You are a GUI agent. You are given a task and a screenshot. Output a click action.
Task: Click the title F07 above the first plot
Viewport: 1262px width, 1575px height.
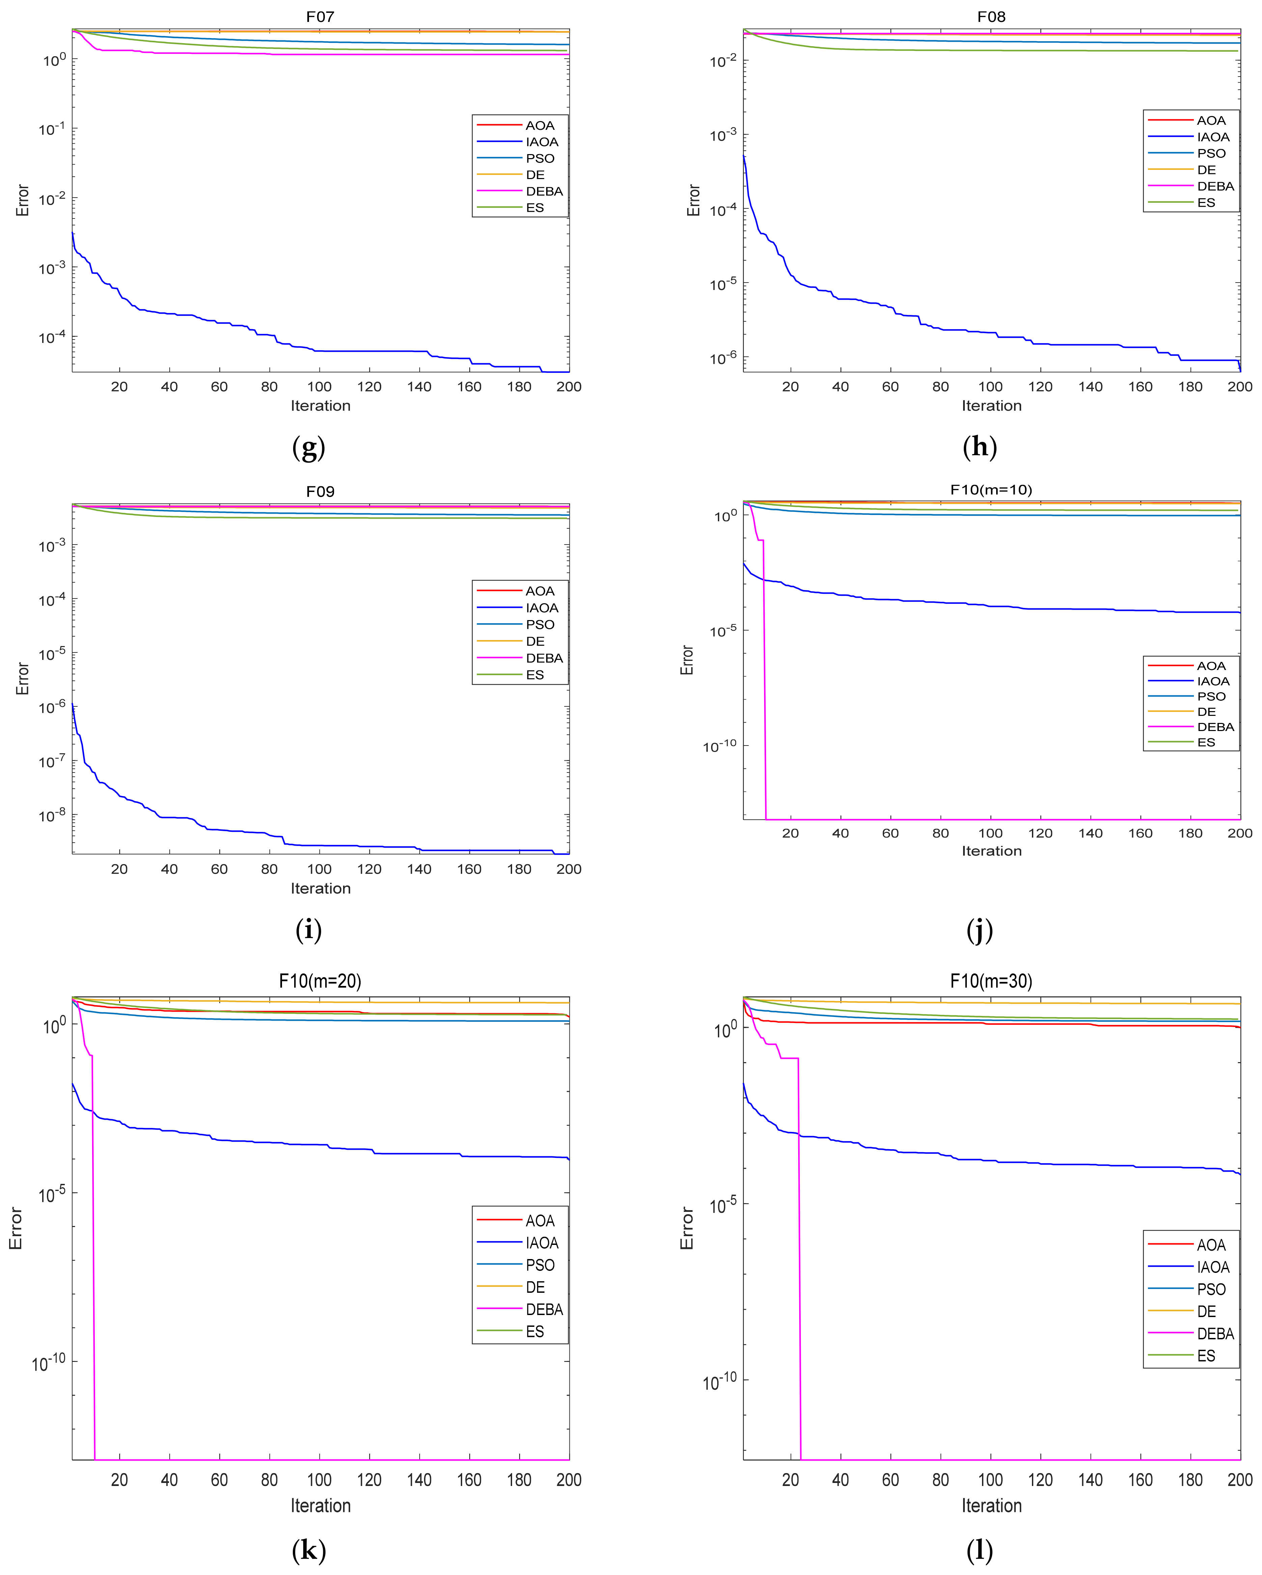click(320, 16)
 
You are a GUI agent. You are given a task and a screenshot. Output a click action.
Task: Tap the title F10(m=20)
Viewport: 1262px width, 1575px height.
click(320, 980)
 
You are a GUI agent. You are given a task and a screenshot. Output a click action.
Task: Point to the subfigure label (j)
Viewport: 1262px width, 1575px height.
click(979, 930)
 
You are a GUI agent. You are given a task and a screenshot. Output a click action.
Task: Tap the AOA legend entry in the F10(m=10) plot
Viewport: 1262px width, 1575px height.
click(1211, 666)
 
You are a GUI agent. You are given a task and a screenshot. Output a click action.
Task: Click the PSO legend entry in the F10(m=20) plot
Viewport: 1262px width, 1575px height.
click(540, 1265)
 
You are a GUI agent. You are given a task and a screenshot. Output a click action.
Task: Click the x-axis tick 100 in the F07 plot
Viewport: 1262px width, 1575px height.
click(319, 386)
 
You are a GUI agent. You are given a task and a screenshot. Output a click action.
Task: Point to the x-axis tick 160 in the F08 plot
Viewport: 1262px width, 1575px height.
click(1140, 386)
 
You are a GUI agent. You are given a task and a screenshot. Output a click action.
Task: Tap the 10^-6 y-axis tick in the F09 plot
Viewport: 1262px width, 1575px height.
click(52, 706)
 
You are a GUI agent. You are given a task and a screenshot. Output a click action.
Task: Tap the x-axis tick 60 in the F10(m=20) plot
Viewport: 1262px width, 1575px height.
click(219, 1480)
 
